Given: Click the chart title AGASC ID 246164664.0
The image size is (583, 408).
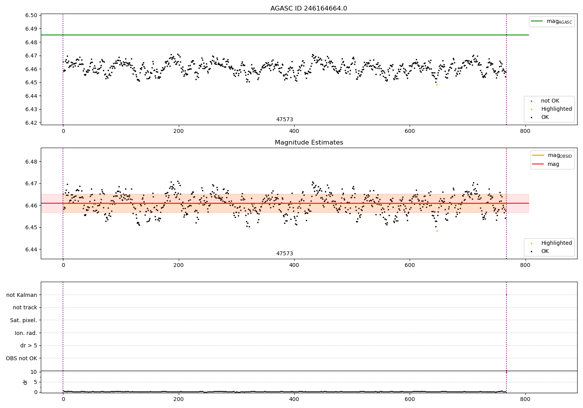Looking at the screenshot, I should (309, 9).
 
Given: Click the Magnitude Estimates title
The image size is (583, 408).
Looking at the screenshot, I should (309, 143).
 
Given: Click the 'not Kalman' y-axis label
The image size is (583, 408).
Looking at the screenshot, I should (22, 295).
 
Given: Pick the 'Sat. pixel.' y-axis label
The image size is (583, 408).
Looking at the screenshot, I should (23, 320).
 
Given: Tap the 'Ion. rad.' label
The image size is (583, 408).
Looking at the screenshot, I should (26, 333).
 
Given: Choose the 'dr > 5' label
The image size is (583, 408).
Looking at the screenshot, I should (29, 345).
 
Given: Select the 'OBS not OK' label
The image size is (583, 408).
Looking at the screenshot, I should (21, 358).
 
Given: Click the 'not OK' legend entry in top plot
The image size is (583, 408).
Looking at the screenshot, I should (550, 101).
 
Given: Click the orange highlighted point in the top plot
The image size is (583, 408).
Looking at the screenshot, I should (437, 85).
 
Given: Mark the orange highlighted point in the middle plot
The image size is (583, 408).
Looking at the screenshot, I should (437, 231).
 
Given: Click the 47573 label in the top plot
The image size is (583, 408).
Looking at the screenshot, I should (285, 120).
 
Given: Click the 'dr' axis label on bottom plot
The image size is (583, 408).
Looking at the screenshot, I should (25, 382).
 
